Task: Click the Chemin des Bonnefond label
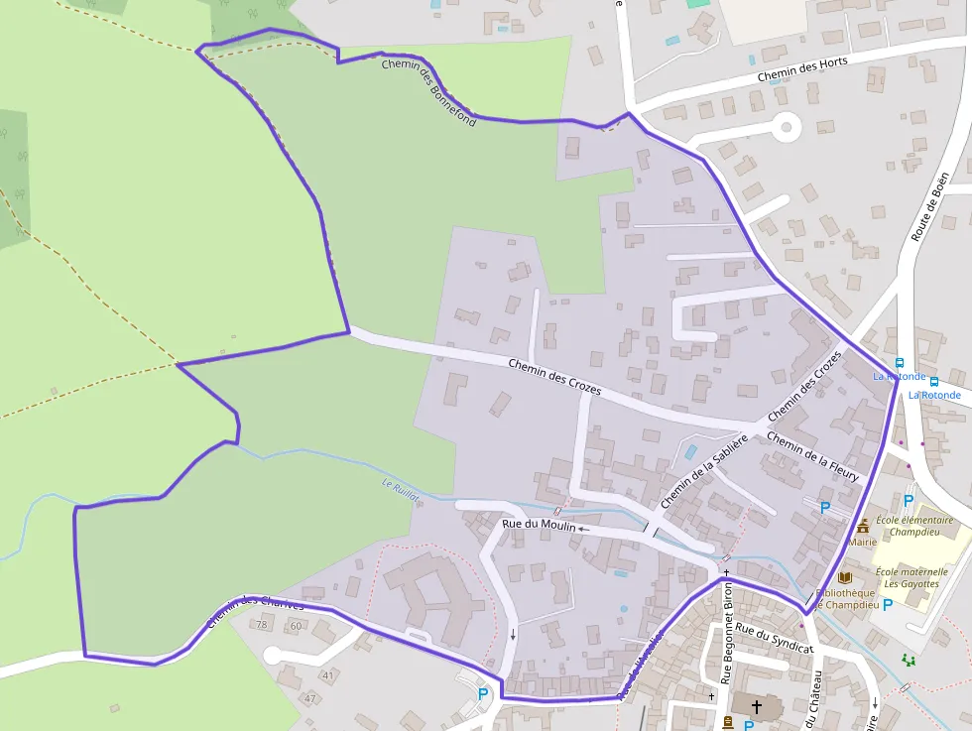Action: tap(429, 93)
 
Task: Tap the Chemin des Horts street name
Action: tap(802, 68)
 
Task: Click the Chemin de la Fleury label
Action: tap(812, 456)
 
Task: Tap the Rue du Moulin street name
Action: tap(539, 525)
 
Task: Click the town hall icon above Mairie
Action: tap(863, 526)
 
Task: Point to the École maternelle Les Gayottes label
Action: tap(911, 577)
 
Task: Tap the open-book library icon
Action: tap(844, 577)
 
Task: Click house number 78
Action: tap(263, 625)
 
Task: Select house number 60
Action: tap(296, 626)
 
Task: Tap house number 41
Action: tap(326, 675)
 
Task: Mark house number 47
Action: tap(309, 698)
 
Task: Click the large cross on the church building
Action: tap(757, 707)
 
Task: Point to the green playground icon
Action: tap(908, 660)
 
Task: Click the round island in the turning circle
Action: tap(788, 127)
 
